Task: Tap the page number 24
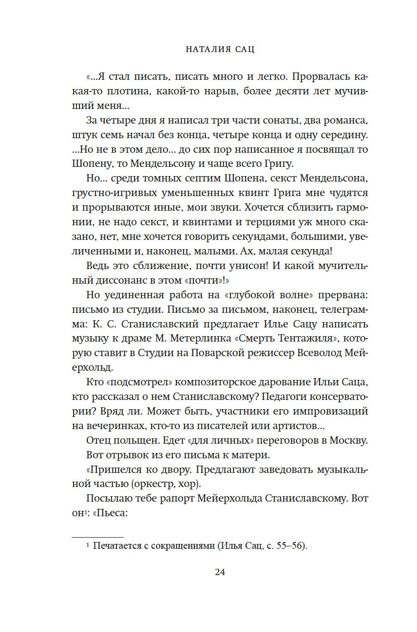220,572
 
